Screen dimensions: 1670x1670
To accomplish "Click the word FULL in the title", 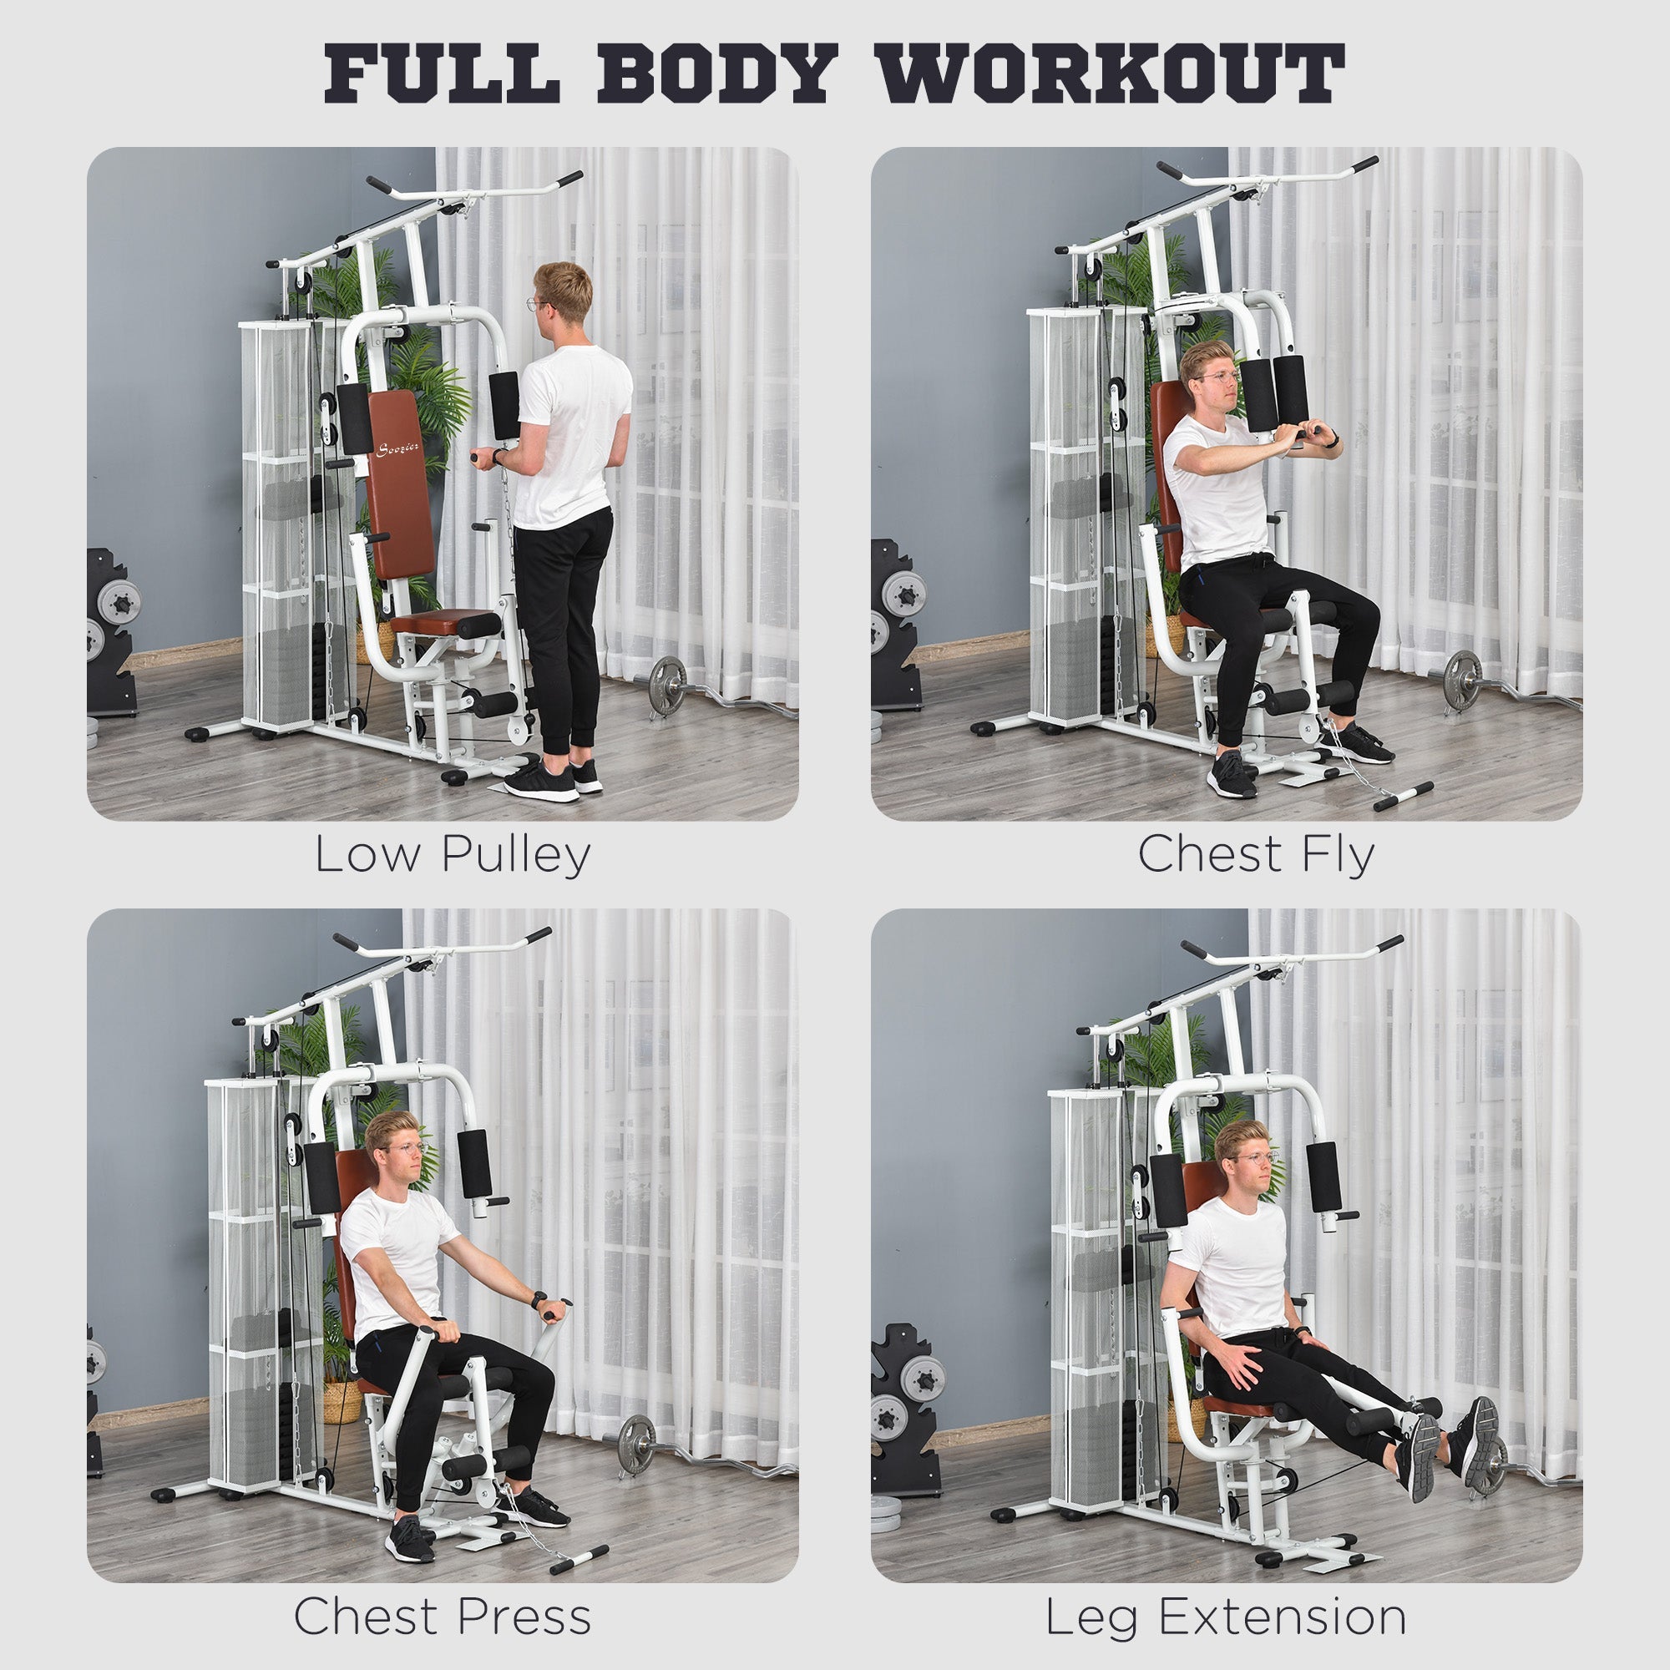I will pyautogui.click(x=442, y=73).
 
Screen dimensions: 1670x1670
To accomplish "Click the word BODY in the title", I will pyautogui.click(x=716, y=73).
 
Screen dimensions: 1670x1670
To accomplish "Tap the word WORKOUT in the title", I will pyautogui.click(x=1110, y=73).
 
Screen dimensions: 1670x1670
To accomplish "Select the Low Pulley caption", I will pyautogui.click(x=452, y=855).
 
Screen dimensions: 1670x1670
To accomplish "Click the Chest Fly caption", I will pyautogui.click(x=1256, y=855).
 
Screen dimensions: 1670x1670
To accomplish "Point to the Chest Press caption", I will pyautogui.click(x=443, y=1616).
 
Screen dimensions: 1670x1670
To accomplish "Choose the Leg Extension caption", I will pyautogui.click(x=1226, y=1616).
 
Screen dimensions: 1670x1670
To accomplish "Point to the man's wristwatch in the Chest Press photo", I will pyautogui.click(x=539, y=1299).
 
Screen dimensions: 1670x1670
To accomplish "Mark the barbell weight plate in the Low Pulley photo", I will pyautogui.click(x=666, y=686).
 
